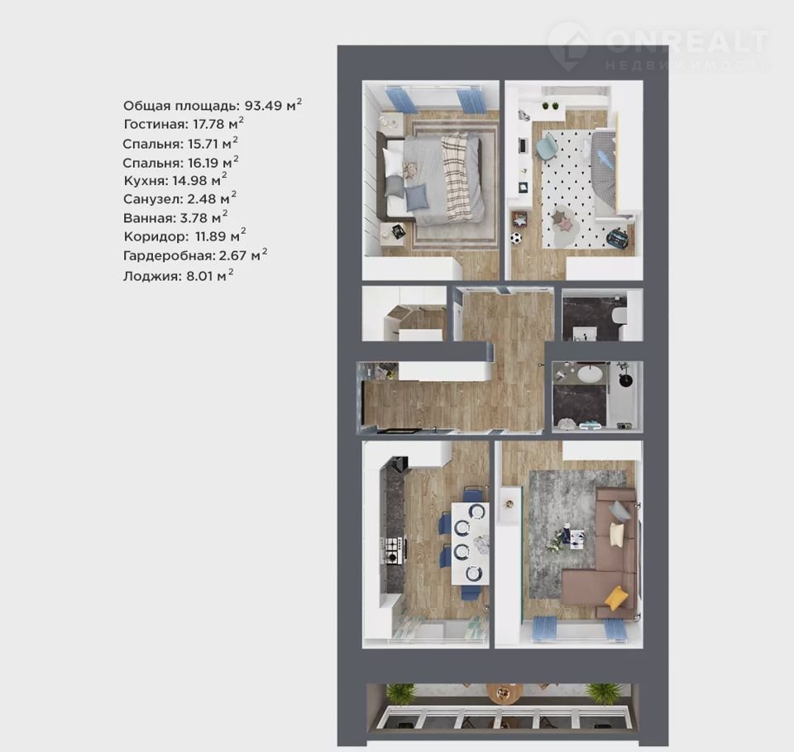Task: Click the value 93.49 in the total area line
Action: (x=264, y=106)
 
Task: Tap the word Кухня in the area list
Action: (x=145, y=181)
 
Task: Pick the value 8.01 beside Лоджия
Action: (x=200, y=276)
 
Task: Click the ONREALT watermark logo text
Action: (x=686, y=41)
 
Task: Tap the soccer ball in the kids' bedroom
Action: (x=515, y=238)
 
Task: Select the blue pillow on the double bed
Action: (x=417, y=198)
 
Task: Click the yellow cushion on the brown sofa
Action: (x=616, y=597)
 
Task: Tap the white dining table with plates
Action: (x=471, y=543)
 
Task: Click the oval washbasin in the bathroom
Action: (x=590, y=374)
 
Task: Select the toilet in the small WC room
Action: (x=619, y=317)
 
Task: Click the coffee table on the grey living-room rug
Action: (x=576, y=539)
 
